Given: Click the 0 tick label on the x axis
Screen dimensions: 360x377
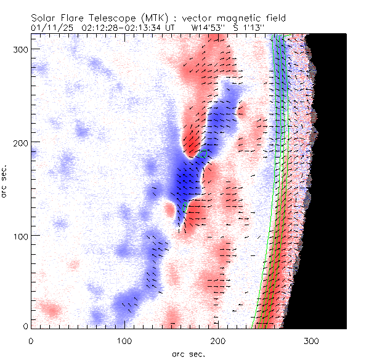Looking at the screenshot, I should coord(31,340).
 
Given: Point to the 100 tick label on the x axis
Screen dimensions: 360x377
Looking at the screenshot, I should coord(124,340).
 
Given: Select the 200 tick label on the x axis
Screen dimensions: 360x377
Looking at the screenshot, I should coord(218,340).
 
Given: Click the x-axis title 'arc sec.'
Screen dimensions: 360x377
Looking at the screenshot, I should coord(188,353).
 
